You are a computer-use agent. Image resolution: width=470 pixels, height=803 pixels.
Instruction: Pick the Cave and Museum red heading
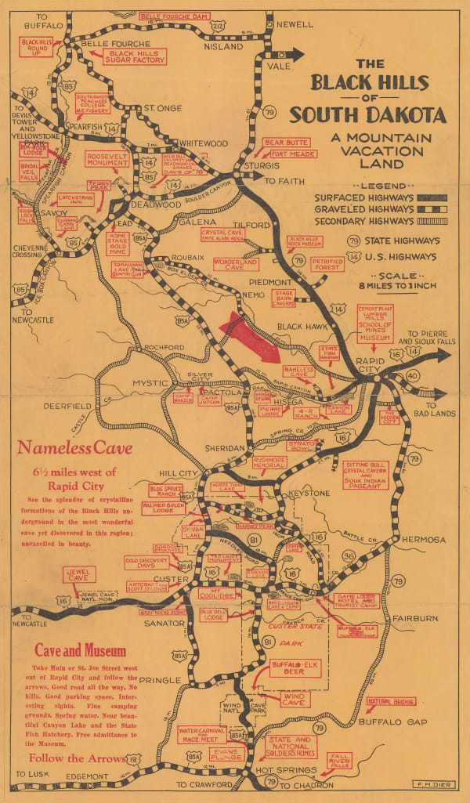(x=81, y=650)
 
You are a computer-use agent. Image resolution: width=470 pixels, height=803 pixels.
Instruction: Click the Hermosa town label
(x=425, y=540)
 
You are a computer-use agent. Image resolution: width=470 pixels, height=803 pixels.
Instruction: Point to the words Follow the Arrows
(x=77, y=758)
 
